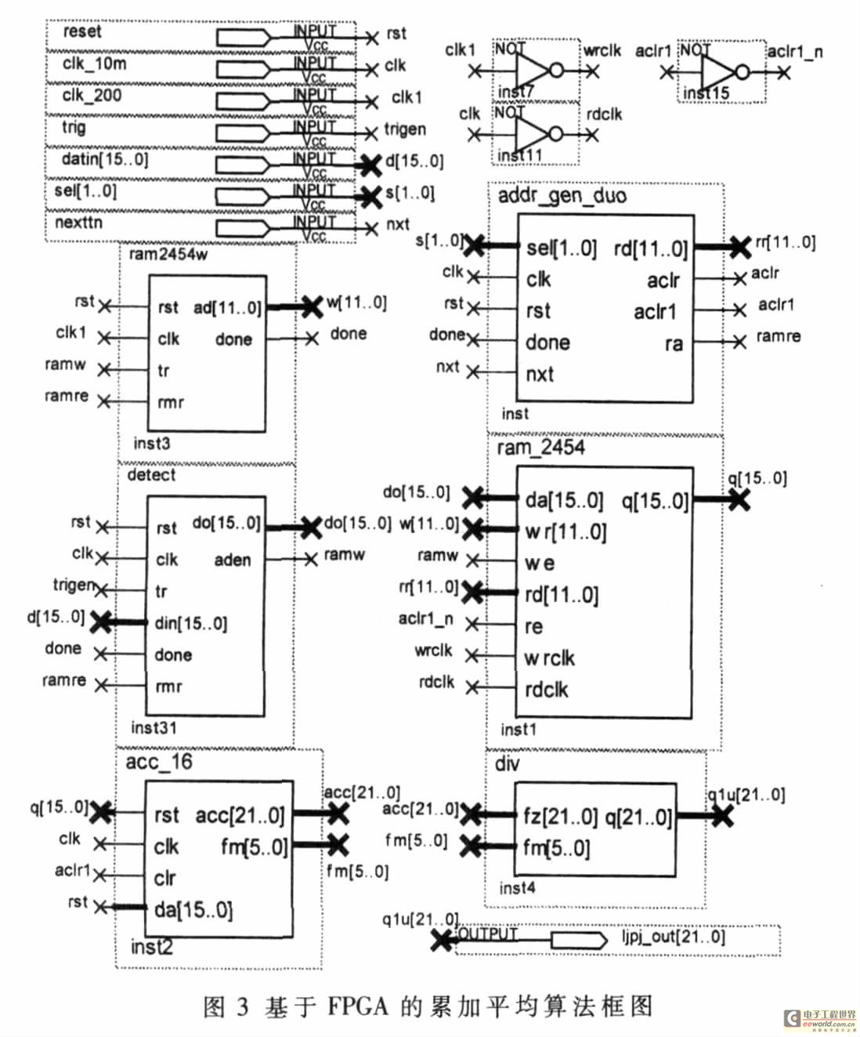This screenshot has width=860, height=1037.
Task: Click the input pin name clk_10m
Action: point(93,63)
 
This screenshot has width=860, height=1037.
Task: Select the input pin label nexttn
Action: point(78,223)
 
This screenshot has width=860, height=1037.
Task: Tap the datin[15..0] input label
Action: point(104,159)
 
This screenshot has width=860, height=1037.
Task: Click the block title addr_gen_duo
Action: point(562,195)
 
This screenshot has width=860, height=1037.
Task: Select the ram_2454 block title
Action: point(540,448)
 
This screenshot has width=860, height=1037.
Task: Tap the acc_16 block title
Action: point(159,762)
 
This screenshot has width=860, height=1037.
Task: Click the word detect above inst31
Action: point(151,475)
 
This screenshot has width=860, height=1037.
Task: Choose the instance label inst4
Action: point(518,888)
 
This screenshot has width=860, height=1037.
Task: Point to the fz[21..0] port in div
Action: point(560,817)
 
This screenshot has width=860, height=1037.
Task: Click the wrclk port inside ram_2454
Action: point(549,658)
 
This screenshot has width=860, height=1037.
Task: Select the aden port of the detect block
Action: point(233,560)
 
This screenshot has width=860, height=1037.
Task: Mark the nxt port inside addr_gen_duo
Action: point(540,374)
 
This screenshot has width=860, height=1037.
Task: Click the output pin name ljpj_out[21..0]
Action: point(674,937)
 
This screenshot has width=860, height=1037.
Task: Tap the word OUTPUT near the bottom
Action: point(488,934)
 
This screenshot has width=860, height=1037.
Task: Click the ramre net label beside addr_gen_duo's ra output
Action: point(778,337)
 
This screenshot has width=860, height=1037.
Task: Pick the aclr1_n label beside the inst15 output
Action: point(795,52)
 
